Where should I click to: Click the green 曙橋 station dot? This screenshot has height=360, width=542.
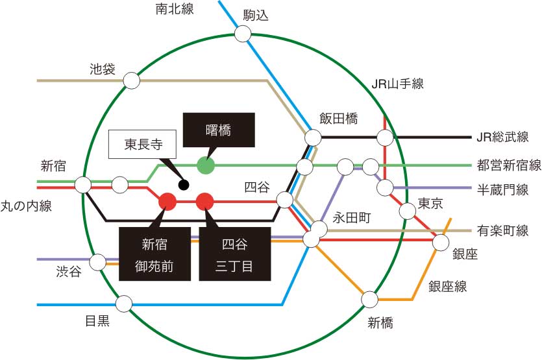click(206, 165)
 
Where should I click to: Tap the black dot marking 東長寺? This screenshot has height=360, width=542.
click(184, 185)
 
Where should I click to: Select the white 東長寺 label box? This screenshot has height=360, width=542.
click(142, 145)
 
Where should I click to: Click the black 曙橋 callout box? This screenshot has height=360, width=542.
click(219, 130)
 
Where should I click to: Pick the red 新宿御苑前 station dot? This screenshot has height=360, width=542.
click(167, 201)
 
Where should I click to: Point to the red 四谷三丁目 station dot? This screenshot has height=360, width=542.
click(205, 201)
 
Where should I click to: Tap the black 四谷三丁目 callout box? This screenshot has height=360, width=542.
click(235, 254)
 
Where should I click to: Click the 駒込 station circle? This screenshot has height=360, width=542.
click(243, 34)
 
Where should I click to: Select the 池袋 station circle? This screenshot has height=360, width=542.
click(132, 81)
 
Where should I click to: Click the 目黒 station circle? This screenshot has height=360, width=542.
click(124, 304)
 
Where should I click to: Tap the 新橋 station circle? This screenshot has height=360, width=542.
click(370, 300)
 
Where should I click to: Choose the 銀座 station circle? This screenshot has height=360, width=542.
click(441, 242)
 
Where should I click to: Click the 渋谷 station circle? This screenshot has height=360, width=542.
click(98, 262)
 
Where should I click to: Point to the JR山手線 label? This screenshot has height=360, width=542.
click(397, 84)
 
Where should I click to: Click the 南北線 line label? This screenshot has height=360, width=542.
click(175, 9)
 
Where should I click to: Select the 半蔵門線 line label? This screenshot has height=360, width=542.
click(502, 189)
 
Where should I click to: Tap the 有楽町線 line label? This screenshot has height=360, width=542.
click(502, 230)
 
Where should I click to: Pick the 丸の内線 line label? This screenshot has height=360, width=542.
click(26, 206)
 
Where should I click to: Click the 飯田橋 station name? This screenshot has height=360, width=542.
click(338, 119)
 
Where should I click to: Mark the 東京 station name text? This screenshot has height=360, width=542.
click(430, 203)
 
